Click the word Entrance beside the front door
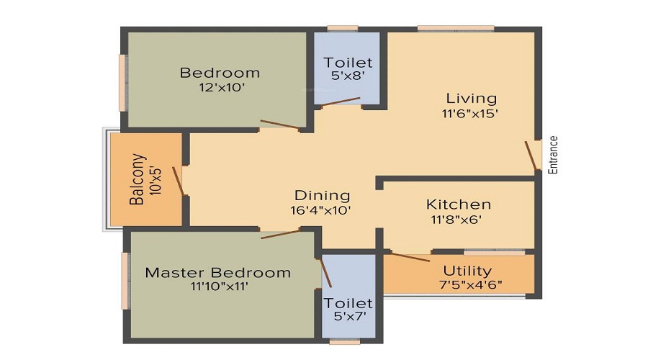pos(553,155)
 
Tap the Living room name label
pos(471,98)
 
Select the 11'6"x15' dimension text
pos(471,113)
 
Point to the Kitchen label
pos(459,204)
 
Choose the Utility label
pos(467,271)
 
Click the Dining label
pos(322,195)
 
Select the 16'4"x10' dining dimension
pos(322,210)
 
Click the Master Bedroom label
pos(218,272)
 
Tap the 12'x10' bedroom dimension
pos(220,88)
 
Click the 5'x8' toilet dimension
pos(348,77)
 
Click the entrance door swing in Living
pos(532,156)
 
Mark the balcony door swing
pos(178,180)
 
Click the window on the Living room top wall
pos(455,29)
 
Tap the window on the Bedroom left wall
pos(123,83)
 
